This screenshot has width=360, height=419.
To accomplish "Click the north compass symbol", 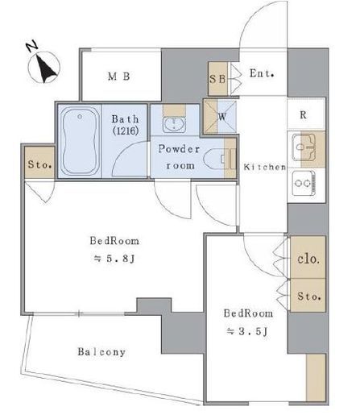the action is pos(43,65).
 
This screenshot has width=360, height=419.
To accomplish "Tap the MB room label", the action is pos(119,77).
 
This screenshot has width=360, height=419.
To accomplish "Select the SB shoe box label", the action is pos(217,79).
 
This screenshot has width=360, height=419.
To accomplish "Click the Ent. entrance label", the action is pos(262,73).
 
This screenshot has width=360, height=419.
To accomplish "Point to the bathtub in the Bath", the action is pos(80,141).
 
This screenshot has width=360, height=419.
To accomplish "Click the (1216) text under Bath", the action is pos(126,131).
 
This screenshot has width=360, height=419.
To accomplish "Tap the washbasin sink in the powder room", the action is pos(174,124).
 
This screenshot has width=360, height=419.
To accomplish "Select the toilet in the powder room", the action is pos(216,159).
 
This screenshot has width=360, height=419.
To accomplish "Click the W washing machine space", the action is pos(221,116).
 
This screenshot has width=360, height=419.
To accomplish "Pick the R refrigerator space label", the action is pos(303,115).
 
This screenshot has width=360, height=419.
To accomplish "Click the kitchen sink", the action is pos(304,147).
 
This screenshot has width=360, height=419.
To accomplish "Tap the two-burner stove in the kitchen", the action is pos(304,183).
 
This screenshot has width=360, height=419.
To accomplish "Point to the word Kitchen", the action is pos(265,167).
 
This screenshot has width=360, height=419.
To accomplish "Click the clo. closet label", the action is pos(308,259).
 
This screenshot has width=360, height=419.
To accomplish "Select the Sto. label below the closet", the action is pos(309,297).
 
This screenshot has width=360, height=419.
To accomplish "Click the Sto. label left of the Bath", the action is pos(39,164).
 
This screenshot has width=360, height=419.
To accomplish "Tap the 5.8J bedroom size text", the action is pos(114,259).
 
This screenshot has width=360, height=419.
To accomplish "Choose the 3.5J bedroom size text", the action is pos(247,331).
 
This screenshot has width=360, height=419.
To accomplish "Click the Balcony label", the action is pos(101,352).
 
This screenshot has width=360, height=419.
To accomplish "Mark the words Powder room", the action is pos(180,157).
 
